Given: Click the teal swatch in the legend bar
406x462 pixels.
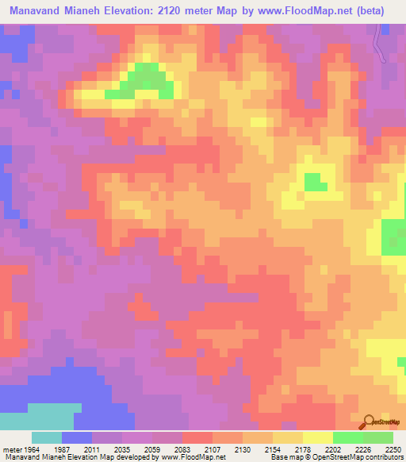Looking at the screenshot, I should (x=47, y=437).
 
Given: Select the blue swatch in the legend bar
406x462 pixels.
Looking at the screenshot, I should (x=77, y=437).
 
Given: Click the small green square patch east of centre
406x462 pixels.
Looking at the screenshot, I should (x=315, y=182).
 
